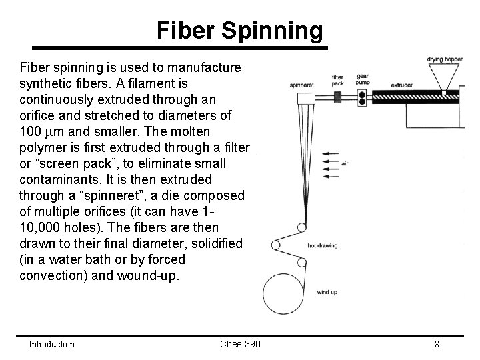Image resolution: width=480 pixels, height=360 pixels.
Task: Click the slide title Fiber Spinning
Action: (240, 31)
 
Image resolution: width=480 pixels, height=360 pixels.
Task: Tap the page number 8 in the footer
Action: (436, 344)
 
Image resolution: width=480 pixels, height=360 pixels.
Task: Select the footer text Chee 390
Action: (240, 344)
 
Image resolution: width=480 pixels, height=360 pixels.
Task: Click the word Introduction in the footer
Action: (51, 344)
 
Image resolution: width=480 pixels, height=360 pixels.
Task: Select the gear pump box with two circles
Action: (363, 97)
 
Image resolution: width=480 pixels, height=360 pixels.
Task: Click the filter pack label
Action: (337, 80)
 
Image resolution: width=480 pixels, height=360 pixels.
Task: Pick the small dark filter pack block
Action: (337, 97)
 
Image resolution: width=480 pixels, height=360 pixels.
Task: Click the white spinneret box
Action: (306, 99)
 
